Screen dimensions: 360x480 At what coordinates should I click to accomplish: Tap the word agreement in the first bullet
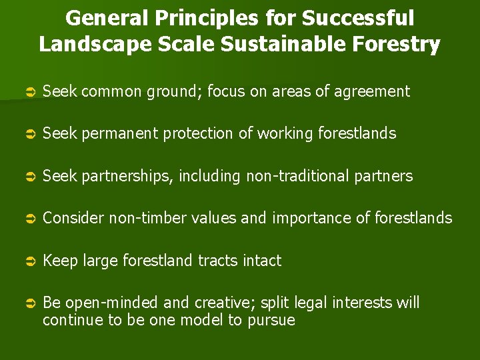[x=373, y=91]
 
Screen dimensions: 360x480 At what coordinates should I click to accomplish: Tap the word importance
[x=313, y=218]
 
